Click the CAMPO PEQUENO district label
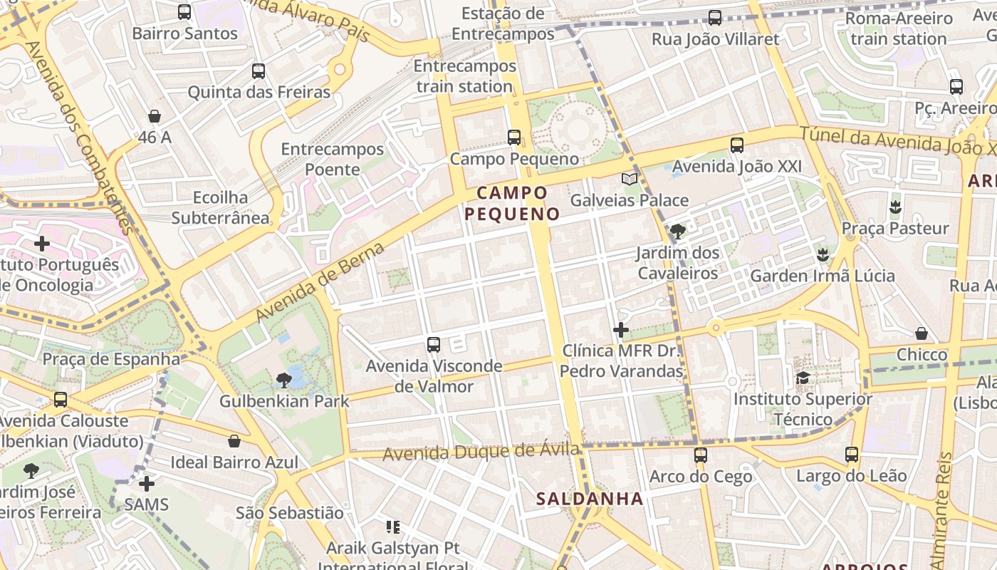coord(512,203)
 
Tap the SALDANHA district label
coord(590,499)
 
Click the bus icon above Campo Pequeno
coord(514,137)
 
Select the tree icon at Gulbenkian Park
coord(284,380)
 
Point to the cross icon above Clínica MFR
coord(621,330)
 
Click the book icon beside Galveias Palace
coord(629,179)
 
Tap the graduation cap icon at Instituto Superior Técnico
coord(803,378)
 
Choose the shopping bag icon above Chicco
coord(922,333)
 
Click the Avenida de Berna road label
coord(320,282)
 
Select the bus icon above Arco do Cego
coord(701,455)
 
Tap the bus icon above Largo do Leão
coord(851,454)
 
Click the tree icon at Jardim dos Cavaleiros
coord(678,231)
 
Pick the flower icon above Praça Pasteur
coord(895,207)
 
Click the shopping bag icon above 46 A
coord(155,115)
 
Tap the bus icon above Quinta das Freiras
coord(259,71)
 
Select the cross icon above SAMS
coord(147,484)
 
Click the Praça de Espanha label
coord(111,358)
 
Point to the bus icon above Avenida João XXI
coord(737,145)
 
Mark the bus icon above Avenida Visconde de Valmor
coord(434,345)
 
